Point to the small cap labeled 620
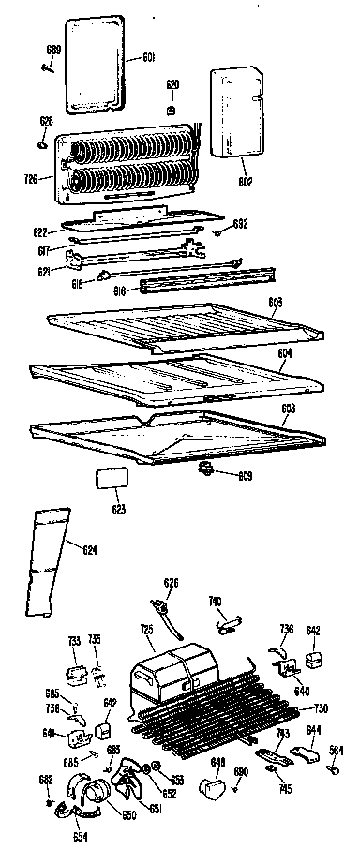172,110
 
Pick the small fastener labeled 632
217,231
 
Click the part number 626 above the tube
171,583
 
